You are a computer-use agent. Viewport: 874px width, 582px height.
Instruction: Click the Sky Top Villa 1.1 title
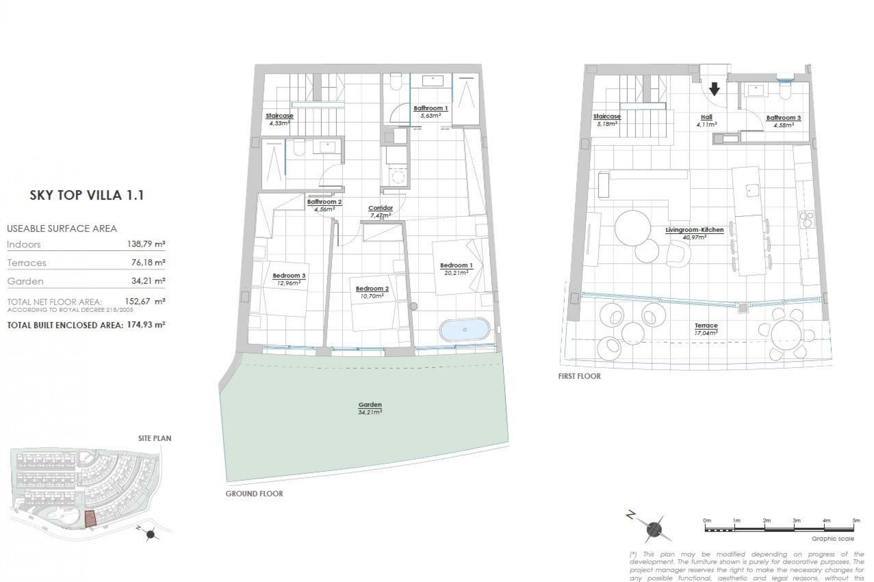86,196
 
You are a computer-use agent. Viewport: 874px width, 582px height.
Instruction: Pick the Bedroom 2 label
372,289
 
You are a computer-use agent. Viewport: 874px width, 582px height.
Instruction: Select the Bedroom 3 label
289,276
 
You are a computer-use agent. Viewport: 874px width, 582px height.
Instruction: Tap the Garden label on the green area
370,405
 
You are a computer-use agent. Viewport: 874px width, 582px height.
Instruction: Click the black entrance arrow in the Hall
714,89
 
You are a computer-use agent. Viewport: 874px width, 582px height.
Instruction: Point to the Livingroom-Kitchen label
694,230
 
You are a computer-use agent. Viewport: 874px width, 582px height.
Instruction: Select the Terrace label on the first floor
706,326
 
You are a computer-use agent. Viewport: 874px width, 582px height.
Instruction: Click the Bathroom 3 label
783,118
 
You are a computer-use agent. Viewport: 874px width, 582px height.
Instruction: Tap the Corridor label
380,208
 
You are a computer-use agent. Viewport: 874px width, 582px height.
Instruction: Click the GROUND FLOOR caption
254,493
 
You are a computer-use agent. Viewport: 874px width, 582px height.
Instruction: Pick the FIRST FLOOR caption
579,376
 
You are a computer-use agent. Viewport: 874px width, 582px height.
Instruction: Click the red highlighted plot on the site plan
91,518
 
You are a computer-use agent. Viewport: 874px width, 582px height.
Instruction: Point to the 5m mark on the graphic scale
856,521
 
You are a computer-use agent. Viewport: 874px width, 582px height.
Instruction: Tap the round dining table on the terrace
787,334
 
